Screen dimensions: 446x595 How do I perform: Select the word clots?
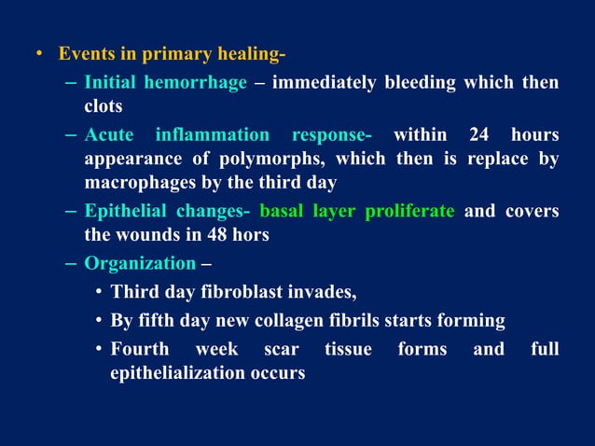(x=104, y=106)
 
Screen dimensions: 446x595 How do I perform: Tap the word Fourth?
(x=140, y=350)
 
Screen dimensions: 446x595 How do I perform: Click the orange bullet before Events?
(x=39, y=52)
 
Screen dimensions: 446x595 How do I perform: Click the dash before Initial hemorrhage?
(x=72, y=83)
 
